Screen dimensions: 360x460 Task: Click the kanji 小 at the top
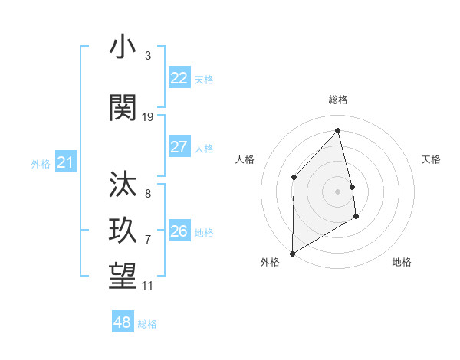click(x=123, y=47)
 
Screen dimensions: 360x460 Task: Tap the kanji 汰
click(x=123, y=185)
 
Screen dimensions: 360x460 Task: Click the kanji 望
click(x=123, y=276)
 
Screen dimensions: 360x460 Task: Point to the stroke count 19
click(x=148, y=117)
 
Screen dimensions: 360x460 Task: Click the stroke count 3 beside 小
click(x=148, y=56)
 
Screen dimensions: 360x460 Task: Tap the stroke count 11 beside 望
click(x=148, y=286)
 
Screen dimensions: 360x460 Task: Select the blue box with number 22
click(x=179, y=78)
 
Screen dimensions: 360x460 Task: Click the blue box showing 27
click(x=179, y=147)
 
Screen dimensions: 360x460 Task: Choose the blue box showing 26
click(x=179, y=231)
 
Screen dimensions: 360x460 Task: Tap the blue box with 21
click(x=65, y=162)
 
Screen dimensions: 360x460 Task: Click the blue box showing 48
click(x=122, y=322)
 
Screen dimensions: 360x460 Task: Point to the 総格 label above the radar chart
click(x=337, y=100)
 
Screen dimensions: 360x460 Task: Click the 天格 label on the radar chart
click(x=432, y=159)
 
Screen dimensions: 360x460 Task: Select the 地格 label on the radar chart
click(x=402, y=262)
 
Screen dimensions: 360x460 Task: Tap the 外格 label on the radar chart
click(x=270, y=262)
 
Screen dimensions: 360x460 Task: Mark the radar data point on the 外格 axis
click(x=292, y=253)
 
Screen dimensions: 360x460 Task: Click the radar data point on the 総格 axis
click(x=337, y=130)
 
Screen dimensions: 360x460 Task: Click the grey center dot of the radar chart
click(x=337, y=191)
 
